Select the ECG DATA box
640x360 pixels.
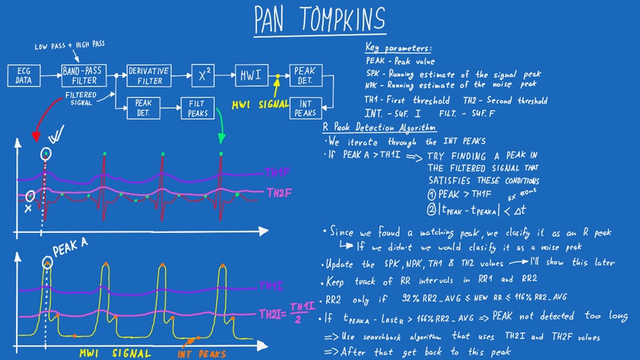(24, 75)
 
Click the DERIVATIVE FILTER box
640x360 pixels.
(149, 75)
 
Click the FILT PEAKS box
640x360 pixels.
(197, 108)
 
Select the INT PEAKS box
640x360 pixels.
(306, 108)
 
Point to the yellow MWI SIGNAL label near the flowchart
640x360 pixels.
(260, 105)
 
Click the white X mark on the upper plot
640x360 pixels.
(28, 210)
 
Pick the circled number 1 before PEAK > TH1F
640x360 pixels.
(431, 194)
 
